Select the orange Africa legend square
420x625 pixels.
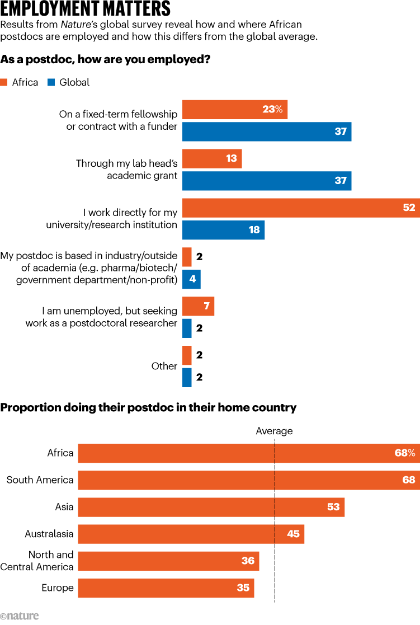pyautogui.click(x=4, y=82)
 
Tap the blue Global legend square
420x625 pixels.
pyautogui.click(x=50, y=82)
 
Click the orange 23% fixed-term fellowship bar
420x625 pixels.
pyautogui.click(x=235, y=110)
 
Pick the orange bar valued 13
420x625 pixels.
pyautogui.click(x=213, y=159)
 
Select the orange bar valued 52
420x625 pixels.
pyautogui.click(x=301, y=208)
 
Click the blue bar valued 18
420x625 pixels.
pyautogui.click(x=224, y=229)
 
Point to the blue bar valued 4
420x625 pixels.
pyautogui.click(x=191, y=279)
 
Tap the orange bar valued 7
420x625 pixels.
pyautogui.click(x=199, y=306)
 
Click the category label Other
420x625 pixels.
pyautogui.click(x=164, y=366)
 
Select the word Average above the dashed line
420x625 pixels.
pyautogui.click(x=274, y=431)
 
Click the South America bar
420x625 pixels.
pyautogui.click(x=249, y=480)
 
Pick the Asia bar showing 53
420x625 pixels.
pyautogui.click(x=211, y=507)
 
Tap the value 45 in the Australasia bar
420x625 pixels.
pyautogui.click(x=293, y=534)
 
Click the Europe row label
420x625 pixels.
pyautogui.click(x=58, y=588)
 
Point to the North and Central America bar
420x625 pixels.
pyautogui.click(x=168, y=561)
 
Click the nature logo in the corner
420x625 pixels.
pyautogui.click(x=20, y=616)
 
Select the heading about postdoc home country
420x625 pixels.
pyautogui.click(x=148, y=407)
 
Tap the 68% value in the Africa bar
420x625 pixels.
pyautogui.click(x=404, y=453)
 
